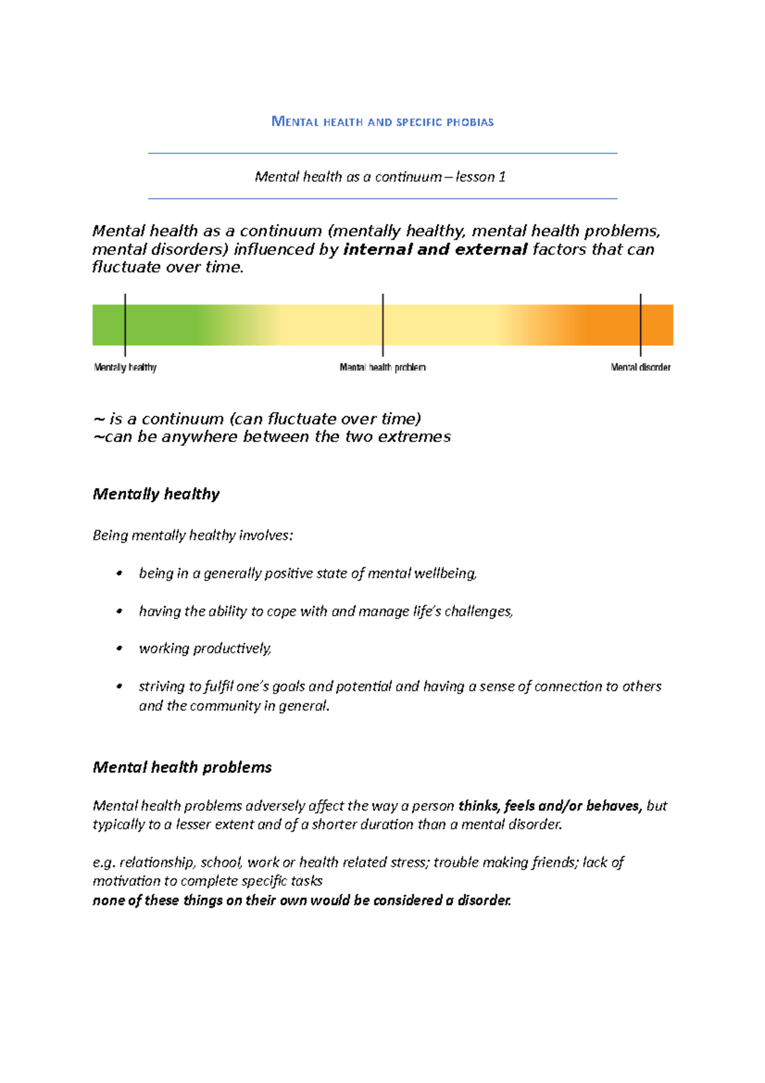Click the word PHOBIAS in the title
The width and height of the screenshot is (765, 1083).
pyautogui.click(x=470, y=122)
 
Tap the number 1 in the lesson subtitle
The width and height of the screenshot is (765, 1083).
pyautogui.click(x=502, y=177)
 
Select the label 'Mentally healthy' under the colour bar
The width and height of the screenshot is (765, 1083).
pyautogui.click(x=125, y=367)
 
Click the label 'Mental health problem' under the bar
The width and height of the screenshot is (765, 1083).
pyautogui.click(x=382, y=367)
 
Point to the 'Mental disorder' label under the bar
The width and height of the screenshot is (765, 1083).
pyautogui.click(x=640, y=367)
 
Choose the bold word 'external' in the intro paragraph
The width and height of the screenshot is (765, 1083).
pyautogui.click(x=491, y=249)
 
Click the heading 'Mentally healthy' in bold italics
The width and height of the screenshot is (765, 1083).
pyautogui.click(x=156, y=494)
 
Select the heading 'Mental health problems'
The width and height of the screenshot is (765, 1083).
pyautogui.click(x=182, y=767)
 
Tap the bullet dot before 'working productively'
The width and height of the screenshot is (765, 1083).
pyautogui.click(x=119, y=649)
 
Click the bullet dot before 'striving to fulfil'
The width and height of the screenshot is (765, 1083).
pyautogui.click(x=119, y=686)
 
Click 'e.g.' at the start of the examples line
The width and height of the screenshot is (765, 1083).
pyautogui.click(x=103, y=863)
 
